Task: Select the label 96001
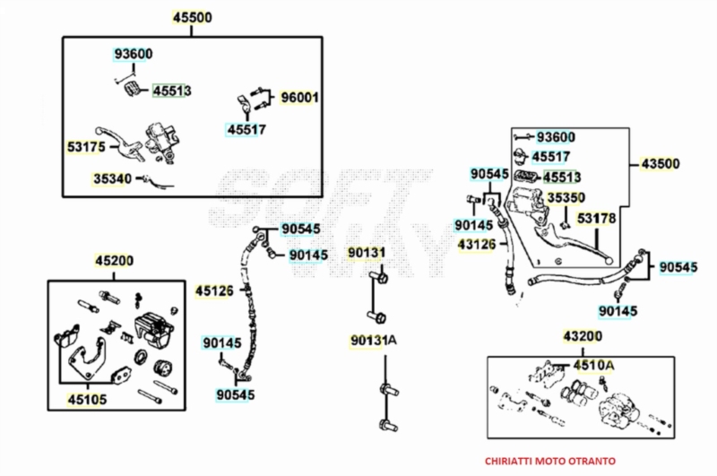300,97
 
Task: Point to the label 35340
113,178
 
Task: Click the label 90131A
372,342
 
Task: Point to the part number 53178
596,218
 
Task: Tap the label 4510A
594,365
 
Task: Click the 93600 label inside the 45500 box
133,54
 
